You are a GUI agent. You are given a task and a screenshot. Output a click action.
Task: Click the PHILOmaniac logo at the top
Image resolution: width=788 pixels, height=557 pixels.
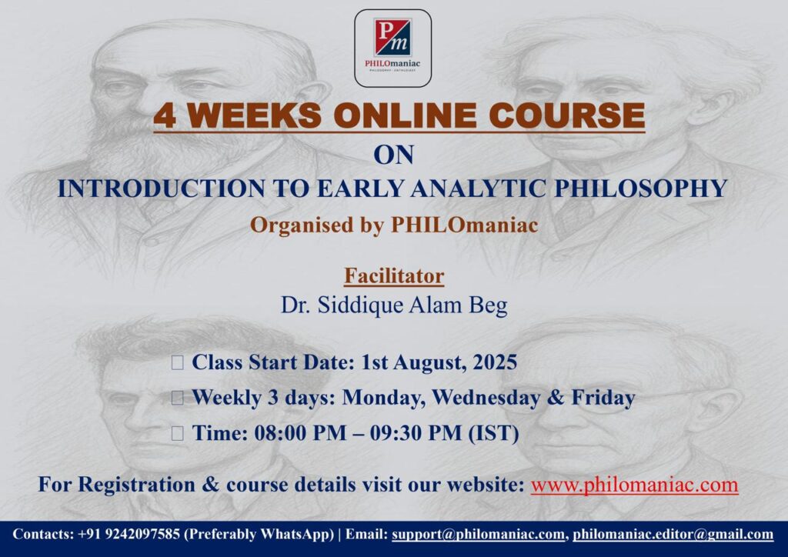(393, 48)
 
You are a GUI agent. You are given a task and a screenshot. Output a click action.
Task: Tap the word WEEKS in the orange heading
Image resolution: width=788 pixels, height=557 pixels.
(255, 115)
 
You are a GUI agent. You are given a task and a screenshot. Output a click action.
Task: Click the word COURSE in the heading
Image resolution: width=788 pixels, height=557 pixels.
(567, 115)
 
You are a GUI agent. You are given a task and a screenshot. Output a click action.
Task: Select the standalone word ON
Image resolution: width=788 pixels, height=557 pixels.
(393, 155)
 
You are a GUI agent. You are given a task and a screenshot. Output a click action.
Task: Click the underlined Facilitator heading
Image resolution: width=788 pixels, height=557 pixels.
(394, 275)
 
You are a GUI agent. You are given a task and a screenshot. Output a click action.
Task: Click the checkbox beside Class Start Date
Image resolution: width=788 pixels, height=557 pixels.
(178, 362)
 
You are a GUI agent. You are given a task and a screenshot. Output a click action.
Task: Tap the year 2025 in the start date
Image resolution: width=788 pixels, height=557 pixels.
(495, 362)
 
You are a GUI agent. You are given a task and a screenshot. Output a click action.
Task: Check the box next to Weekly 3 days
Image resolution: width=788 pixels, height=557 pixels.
(178, 398)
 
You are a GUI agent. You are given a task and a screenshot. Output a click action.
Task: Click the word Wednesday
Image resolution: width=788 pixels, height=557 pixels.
(486, 398)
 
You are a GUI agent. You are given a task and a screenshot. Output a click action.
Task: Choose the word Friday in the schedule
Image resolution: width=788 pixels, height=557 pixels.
(603, 398)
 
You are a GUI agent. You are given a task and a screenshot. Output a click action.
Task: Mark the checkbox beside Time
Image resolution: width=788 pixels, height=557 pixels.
(178, 433)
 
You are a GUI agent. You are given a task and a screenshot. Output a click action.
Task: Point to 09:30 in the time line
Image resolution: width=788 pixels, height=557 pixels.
(396, 433)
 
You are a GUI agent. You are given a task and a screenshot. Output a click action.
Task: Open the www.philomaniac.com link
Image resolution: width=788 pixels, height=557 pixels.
(634, 485)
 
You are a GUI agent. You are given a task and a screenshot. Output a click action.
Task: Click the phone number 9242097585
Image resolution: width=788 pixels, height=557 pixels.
(142, 534)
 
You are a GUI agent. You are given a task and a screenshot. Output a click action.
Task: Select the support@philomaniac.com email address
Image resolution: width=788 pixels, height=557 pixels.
(479, 535)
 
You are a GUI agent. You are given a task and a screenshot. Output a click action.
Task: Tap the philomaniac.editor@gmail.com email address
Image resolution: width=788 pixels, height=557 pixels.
(673, 535)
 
